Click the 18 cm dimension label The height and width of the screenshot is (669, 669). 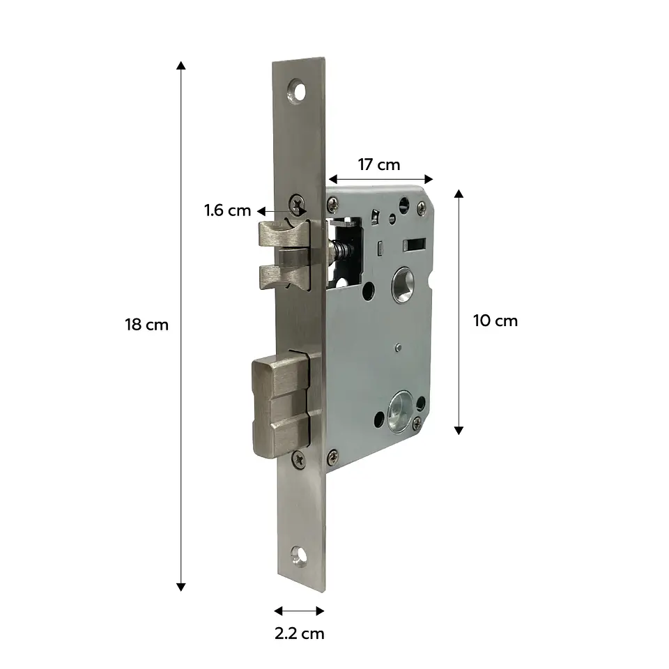pyautogui.click(x=147, y=325)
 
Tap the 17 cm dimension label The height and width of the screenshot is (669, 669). pyautogui.click(x=379, y=164)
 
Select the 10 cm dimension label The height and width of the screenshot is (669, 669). pyautogui.click(x=495, y=321)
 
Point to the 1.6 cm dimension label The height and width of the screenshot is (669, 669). pyautogui.click(x=227, y=210)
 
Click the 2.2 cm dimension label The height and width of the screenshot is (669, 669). pyautogui.click(x=300, y=633)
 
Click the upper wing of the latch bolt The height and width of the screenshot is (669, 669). pyautogui.click(x=284, y=234)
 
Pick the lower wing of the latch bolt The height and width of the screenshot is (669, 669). pyautogui.click(x=284, y=277)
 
